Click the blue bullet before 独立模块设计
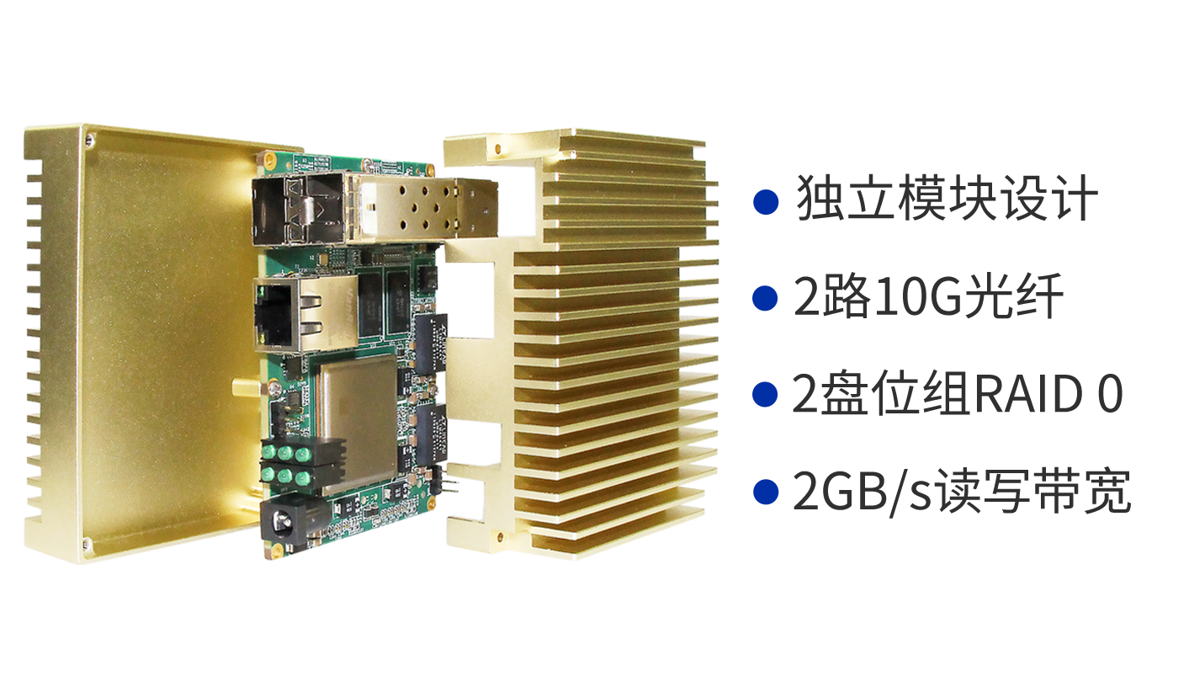pyautogui.click(x=766, y=202)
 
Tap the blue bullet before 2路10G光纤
pyautogui.click(x=766, y=298)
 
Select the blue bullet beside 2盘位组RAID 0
pyautogui.click(x=766, y=395)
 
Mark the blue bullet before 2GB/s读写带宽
pyautogui.click(x=766, y=492)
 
